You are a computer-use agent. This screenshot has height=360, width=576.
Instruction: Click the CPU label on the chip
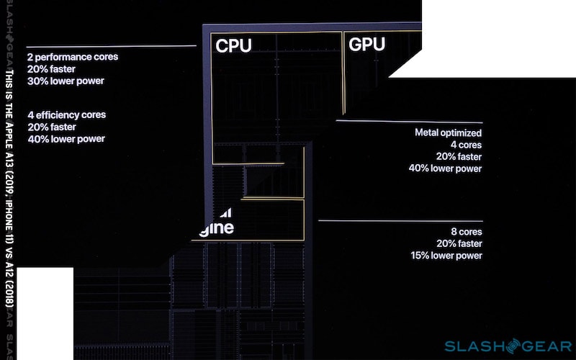234,46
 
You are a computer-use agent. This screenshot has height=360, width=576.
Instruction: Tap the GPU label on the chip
367,45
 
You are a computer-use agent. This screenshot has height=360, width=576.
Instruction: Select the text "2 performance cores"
72,56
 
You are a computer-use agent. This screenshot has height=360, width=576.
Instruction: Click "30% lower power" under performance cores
66,81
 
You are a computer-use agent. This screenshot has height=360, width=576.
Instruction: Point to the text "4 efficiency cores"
66,114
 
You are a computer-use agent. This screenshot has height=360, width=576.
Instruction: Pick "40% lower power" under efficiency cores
66,139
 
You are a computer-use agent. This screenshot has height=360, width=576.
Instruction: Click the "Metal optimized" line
449,132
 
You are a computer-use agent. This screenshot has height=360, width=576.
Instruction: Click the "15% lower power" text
446,256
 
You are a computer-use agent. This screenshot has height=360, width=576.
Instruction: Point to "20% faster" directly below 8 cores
459,243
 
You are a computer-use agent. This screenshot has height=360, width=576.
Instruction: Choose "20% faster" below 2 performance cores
52,68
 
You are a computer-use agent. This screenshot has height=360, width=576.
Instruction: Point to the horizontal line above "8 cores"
400,220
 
